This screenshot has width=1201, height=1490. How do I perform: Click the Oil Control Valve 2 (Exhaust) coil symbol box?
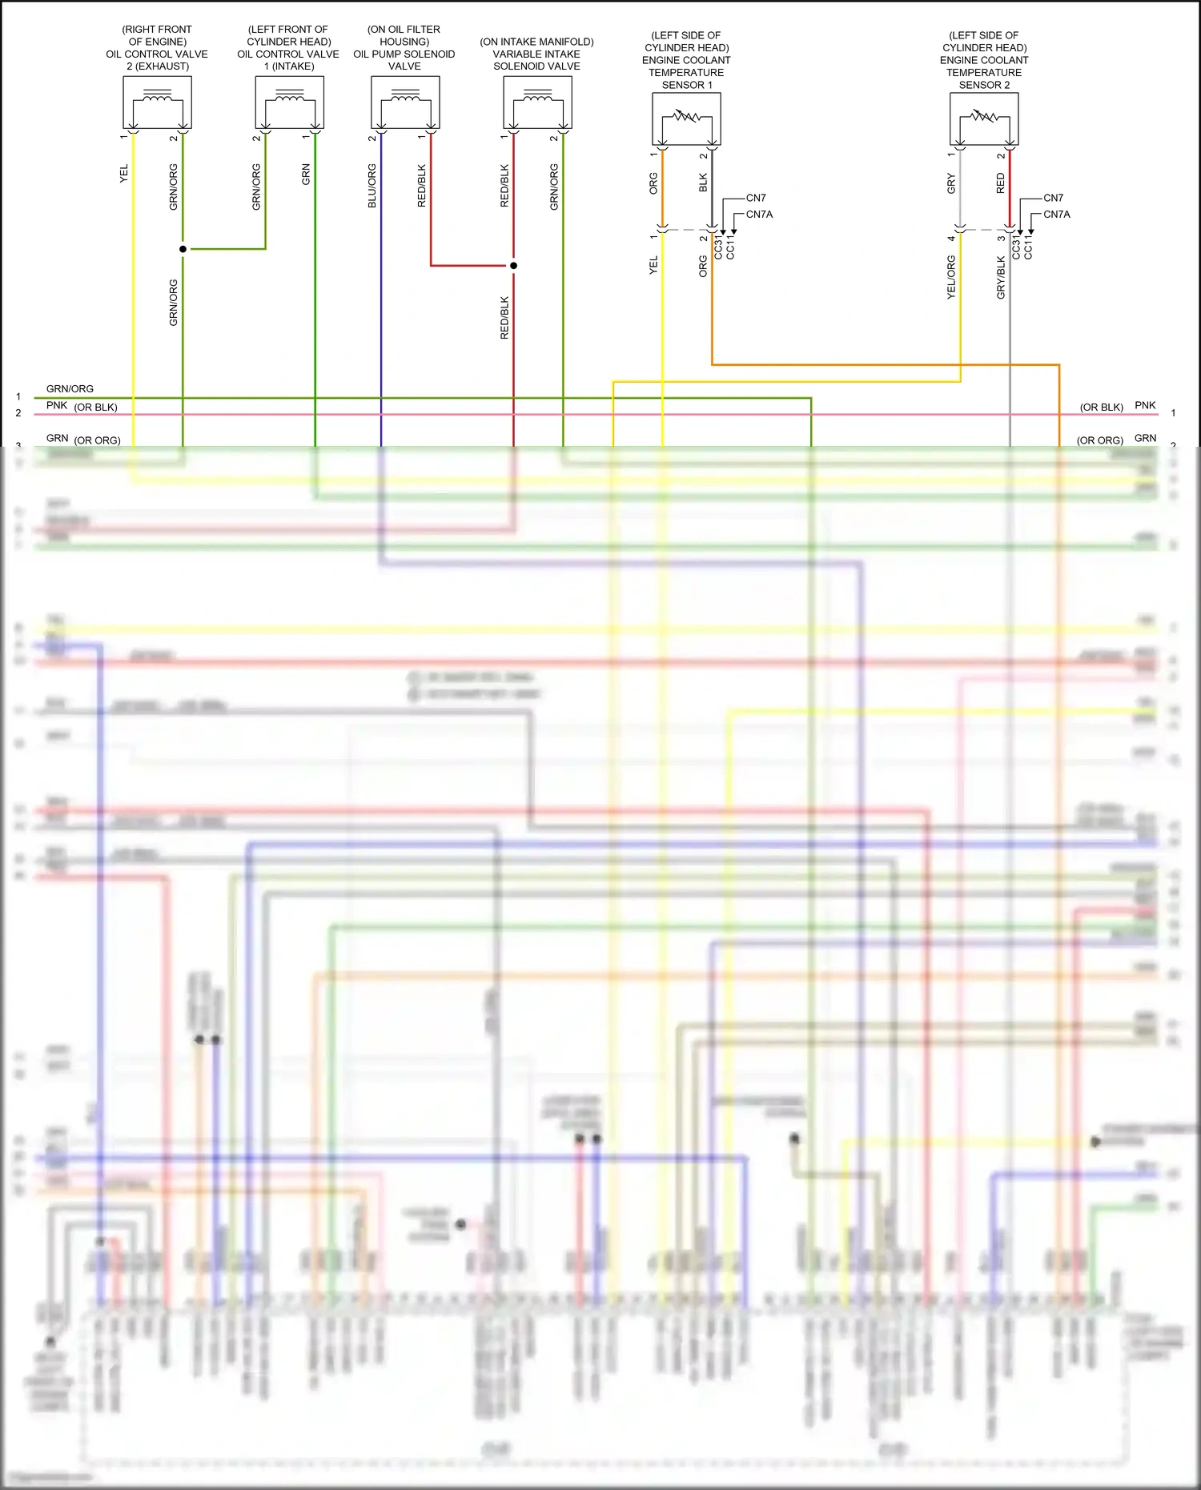(x=157, y=102)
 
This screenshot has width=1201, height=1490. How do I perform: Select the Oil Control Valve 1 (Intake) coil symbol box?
(x=289, y=102)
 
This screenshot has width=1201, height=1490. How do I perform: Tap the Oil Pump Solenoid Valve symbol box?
(x=405, y=102)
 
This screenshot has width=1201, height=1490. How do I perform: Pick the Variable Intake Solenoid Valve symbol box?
(x=537, y=102)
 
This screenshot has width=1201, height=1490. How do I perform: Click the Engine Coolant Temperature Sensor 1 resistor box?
(x=686, y=118)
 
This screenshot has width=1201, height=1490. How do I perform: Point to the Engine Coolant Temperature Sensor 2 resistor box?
(x=984, y=118)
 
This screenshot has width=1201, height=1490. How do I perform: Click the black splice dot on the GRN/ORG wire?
(x=183, y=249)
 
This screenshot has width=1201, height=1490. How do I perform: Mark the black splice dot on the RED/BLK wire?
(x=513, y=265)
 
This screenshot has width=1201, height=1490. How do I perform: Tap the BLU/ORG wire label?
(x=372, y=186)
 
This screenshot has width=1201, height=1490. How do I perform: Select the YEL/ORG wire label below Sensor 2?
(x=951, y=277)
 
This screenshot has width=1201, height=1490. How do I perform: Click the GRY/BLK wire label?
(x=1001, y=277)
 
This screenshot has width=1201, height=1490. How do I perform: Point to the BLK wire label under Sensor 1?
(x=703, y=183)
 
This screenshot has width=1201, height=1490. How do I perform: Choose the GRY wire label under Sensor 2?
(x=951, y=183)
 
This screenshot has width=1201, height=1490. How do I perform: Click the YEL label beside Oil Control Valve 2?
(x=123, y=173)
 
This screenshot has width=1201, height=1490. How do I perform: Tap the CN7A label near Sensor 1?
(x=759, y=215)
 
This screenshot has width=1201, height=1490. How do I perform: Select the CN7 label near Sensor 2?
(x=1053, y=198)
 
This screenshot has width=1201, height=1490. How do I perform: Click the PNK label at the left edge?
(x=56, y=405)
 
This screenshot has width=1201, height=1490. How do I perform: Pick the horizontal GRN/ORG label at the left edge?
(x=70, y=388)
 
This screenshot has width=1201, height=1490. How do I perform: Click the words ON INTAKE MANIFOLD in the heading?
(x=536, y=42)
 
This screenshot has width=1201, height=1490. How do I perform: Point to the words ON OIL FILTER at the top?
(x=404, y=30)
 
